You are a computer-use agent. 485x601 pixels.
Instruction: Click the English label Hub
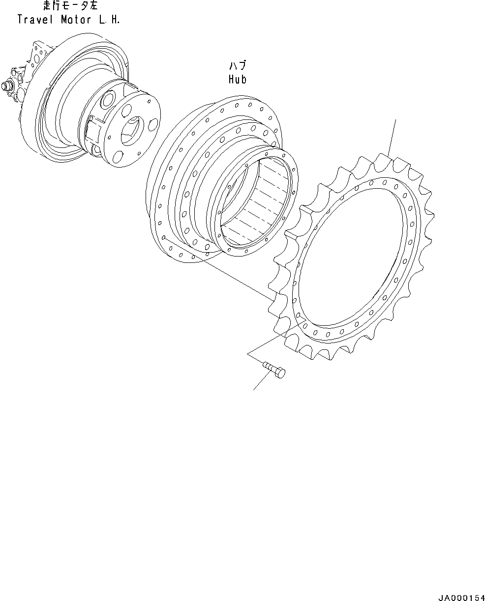click(x=238, y=79)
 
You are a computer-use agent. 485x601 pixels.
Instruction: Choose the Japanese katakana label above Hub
click(x=238, y=66)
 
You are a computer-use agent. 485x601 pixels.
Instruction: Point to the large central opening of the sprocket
click(x=354, y=256)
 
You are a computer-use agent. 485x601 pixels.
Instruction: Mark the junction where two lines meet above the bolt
click(x=248, y=353)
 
